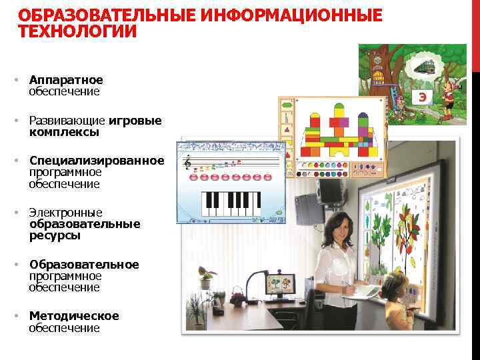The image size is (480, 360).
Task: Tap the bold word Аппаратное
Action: pos(66,80)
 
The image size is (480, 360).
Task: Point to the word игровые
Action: pos(135,121)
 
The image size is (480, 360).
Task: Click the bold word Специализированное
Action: pos(97,161)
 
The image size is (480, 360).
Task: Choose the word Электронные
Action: pos(65,213)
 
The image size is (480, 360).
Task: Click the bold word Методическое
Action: pos(74,316)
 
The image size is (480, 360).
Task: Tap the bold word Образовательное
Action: pos(84,265)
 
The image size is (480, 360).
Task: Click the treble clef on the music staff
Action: pos(188,161)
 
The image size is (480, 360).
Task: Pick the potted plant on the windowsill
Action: pos(206,276)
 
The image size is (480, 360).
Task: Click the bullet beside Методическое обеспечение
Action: pos(16,316)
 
